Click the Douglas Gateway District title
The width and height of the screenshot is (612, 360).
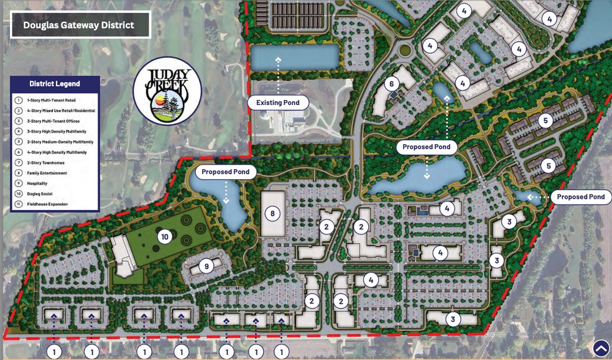78,25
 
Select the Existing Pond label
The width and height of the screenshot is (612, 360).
278,102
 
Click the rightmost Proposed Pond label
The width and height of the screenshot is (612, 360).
581,196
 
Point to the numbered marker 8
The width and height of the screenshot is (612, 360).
272,214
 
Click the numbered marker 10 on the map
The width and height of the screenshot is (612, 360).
165,236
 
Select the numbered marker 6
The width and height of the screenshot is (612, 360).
391,84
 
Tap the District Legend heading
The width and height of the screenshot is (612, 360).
55,84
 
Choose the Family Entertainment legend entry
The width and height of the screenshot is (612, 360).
47,173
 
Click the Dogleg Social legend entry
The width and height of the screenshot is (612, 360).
44,193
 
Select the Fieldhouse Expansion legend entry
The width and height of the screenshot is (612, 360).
47,204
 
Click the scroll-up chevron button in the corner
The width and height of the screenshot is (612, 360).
601,348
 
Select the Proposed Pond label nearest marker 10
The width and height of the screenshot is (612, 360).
226,171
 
